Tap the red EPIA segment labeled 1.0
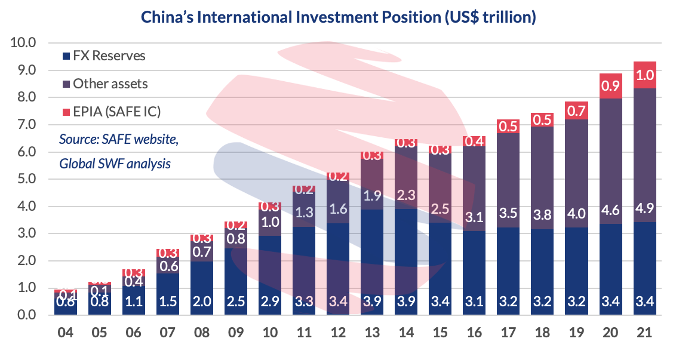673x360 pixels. tap(645, 75)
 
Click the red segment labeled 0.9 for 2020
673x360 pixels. tap(611, 86)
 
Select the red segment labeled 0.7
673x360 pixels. tap(576, 110)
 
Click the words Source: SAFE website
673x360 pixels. tap(119, 139)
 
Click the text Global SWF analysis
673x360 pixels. tap(115, 163)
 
